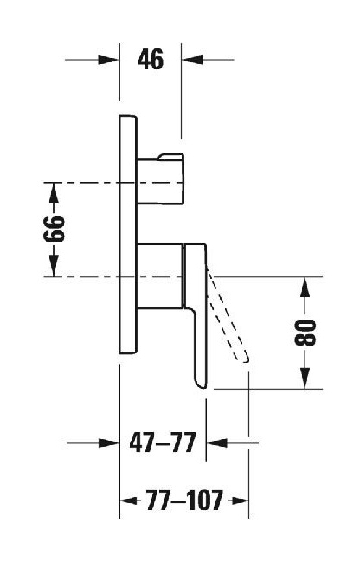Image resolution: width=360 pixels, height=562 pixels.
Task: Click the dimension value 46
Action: (151, 60)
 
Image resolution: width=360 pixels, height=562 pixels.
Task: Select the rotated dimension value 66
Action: (55, 229)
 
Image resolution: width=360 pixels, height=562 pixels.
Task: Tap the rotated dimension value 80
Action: (305, 333)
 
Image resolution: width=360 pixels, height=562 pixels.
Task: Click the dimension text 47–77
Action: (163, 442)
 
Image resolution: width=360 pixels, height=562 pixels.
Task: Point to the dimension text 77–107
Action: (184, 501)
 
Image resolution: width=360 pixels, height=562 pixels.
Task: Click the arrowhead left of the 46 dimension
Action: (108, 60)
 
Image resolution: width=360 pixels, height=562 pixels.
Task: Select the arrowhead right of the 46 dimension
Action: (192, 60)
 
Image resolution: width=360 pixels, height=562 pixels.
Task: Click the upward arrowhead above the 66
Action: (54, 193)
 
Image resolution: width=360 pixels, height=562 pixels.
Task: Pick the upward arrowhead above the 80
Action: (305, 287)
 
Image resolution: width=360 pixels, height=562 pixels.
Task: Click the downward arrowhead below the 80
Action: (305, 378)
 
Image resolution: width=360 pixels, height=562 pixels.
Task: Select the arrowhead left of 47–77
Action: (108, 443)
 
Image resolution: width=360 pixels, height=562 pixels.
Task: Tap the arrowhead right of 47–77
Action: (217, 443)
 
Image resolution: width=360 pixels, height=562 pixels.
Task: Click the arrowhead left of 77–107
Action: (129, 501)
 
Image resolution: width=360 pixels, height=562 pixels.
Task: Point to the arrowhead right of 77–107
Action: (240, 501)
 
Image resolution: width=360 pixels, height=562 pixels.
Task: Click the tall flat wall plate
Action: (128, 235)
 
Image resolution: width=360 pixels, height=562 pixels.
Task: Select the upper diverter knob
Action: (160, 179)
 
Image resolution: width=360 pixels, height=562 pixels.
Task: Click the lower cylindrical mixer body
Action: (160, 276)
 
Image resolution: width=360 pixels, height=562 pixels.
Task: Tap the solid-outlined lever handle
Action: (196, 315)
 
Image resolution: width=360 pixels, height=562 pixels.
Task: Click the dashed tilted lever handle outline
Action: (228, 315)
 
